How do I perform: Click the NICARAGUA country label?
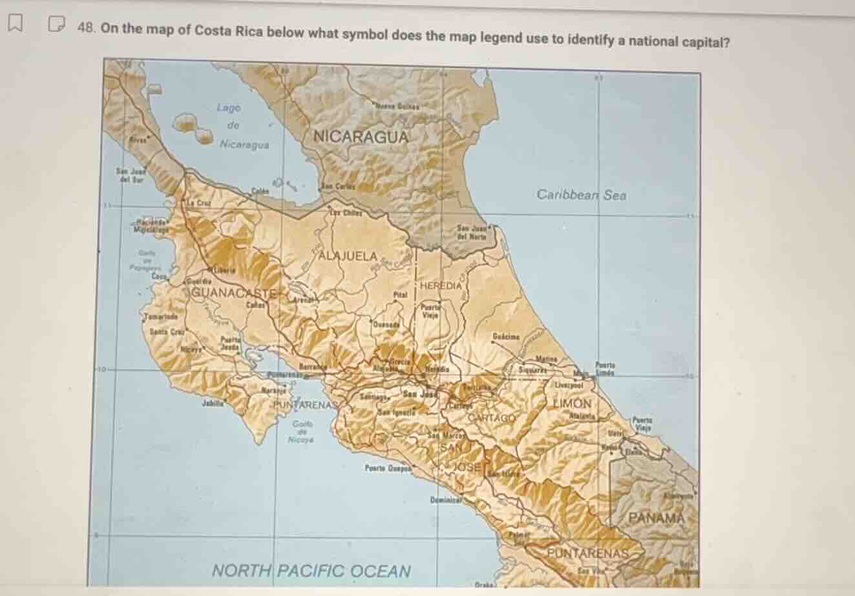(361, 137)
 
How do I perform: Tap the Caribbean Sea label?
(581, 194)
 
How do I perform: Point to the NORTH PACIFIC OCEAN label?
(311, 571)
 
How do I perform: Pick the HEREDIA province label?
(441, 285)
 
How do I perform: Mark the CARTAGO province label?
(492, 418)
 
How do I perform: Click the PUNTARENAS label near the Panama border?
(587, 554)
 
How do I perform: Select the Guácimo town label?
(506, 336)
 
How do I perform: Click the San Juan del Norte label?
(471, 231)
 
